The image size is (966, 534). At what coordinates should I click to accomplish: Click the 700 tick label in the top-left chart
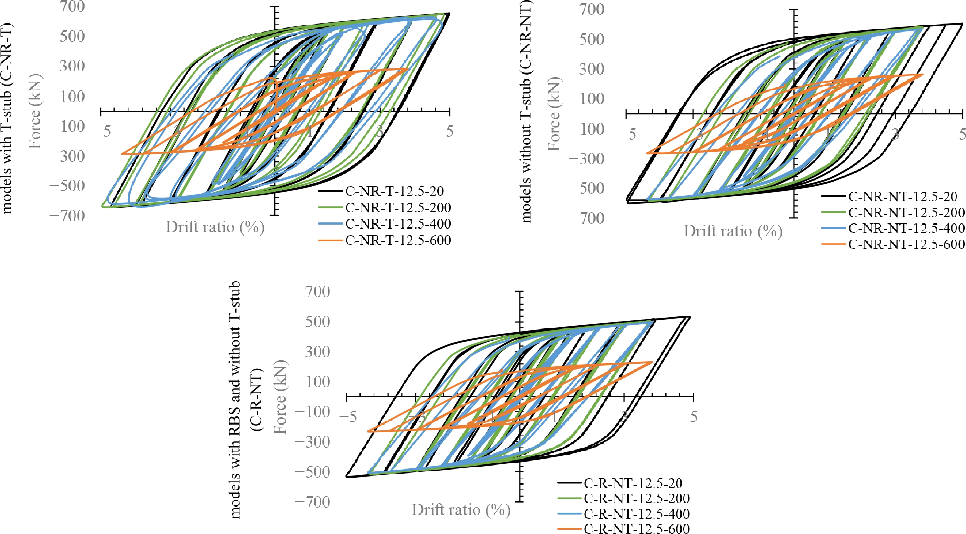(x=72, y=7)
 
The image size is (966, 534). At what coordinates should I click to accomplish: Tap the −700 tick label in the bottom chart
(x=312, y=502)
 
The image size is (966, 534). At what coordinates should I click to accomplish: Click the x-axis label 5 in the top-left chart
(x=449, y=131)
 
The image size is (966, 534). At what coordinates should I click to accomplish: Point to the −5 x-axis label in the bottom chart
(x=348, y=417)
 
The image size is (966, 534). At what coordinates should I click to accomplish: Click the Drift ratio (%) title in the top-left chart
(x=215, y=227)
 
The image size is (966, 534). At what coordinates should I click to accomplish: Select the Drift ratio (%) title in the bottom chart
(x=461, y=510)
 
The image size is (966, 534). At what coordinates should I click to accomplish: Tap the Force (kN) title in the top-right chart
(x=554, y=114)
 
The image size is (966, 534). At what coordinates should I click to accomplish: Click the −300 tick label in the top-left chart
(x=67, y=156)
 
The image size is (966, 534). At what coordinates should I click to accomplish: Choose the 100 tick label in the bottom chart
(x=318, y=382)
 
